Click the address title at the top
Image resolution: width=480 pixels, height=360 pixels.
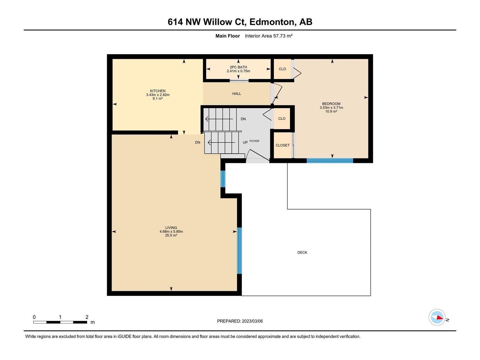point(240,22)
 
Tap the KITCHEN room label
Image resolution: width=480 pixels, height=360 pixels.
point(158,91)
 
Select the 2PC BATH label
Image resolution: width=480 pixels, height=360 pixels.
point(238,67)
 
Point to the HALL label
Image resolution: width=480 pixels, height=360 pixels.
point(237,94)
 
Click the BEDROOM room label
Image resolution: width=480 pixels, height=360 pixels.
point(331,104)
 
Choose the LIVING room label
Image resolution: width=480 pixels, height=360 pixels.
point(171,228)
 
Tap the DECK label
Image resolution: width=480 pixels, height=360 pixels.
point(302,253)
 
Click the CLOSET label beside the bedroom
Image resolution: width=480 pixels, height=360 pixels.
point(283,145)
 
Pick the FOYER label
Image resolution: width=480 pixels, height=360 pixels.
point(254,141)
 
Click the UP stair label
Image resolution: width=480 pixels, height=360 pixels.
point(245,142)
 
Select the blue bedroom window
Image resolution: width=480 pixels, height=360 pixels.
point(330,161)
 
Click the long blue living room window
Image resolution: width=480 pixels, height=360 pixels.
point(239,251)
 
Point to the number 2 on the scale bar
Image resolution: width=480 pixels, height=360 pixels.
point(87,317)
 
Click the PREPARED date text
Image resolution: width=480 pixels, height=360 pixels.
point(240,321)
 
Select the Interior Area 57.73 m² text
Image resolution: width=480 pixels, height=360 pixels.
point(269,36)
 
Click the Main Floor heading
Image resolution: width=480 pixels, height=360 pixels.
point(228,36)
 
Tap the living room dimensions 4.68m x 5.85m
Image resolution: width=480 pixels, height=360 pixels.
point(171,232)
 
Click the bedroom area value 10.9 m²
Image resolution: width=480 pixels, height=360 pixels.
point(331,112)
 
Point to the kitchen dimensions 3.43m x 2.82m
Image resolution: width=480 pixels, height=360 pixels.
point(158,95)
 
